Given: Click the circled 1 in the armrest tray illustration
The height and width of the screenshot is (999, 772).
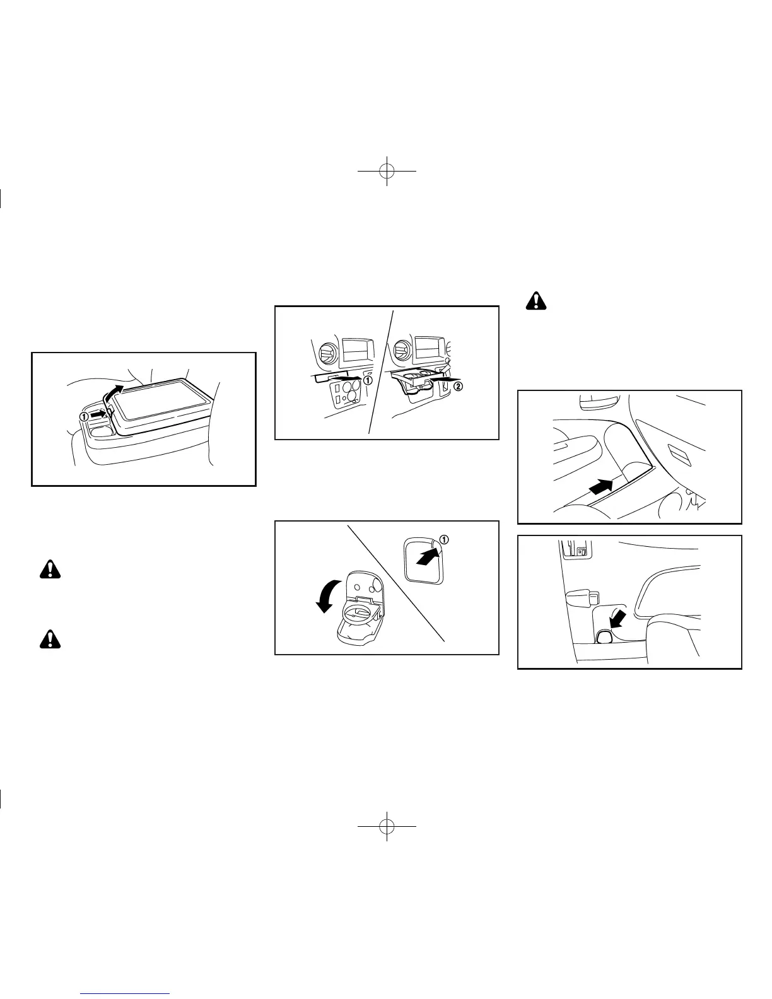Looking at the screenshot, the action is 84,416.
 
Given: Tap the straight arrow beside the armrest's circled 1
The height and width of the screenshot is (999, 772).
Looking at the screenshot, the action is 98,415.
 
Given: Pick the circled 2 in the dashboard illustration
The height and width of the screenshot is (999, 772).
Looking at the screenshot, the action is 459,387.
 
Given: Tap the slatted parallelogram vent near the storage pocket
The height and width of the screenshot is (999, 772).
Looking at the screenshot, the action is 681,452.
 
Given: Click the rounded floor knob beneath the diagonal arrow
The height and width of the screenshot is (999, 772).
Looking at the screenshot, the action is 604,635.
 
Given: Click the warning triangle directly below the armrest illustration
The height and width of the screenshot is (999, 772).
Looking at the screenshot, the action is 47,570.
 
